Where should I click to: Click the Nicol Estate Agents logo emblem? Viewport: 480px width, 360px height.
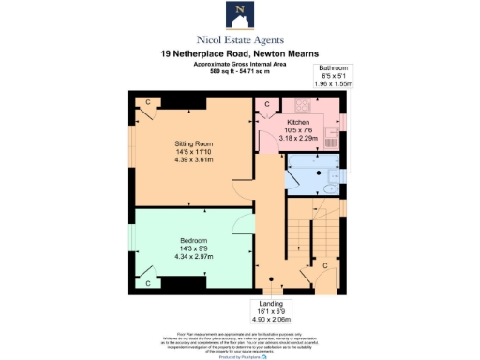click(239, 15)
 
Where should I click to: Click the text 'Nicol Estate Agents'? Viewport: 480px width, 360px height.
click(239, 39)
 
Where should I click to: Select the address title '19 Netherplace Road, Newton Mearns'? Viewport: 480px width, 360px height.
click(239, 54)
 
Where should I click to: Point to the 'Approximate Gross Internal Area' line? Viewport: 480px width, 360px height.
click(239, 63)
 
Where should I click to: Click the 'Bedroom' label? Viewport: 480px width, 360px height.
click(194, 240)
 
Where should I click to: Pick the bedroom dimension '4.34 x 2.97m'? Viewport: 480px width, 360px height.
click(194, 256)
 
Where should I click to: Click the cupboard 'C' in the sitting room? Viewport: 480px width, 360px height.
click(147, 101)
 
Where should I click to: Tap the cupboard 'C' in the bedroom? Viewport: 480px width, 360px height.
click(147, 281)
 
